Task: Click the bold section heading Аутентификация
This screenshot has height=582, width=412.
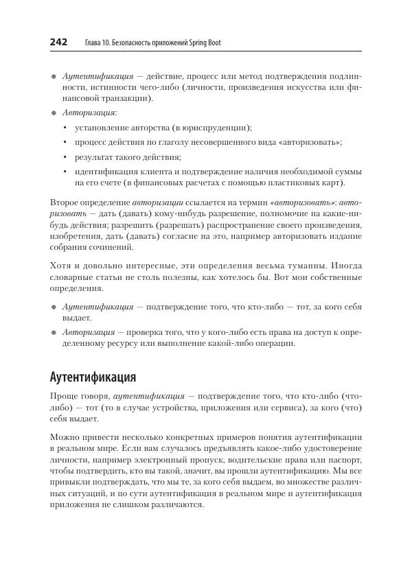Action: pyautogui.click(x=93, y=377)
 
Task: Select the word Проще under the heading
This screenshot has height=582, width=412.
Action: pyautogui.click(x=65, y=397)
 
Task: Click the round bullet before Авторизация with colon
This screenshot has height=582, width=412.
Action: pyautogui.click(x=54, y=113)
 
